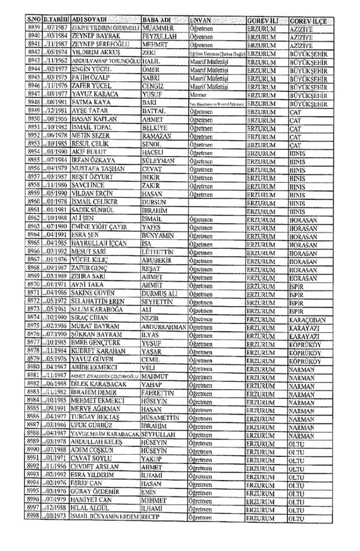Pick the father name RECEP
(152, 532)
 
